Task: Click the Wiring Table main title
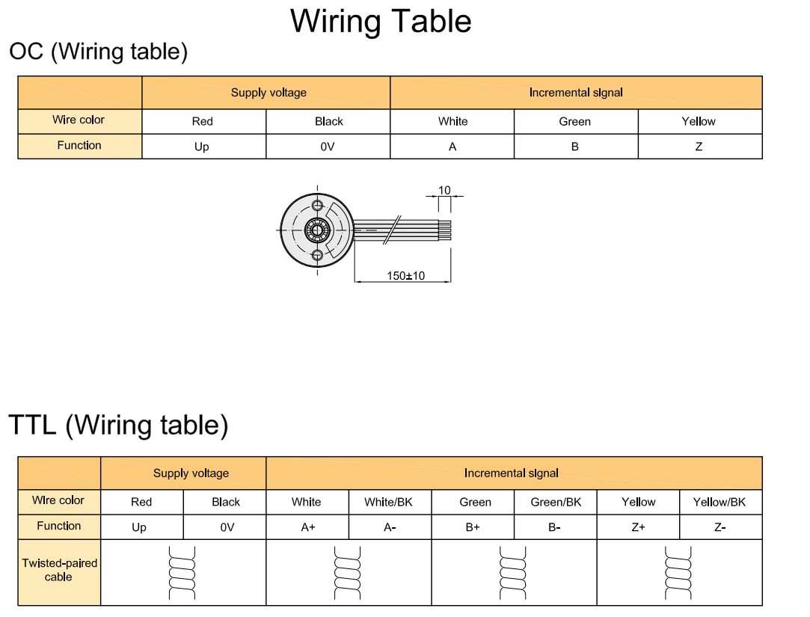(381, 21)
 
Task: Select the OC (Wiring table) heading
(99, 52)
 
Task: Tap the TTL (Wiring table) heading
(118, 425)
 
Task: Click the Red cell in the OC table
(203, 121)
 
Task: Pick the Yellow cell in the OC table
(699, 121)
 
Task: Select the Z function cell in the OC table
(699, 147)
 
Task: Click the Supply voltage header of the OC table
(269, 93)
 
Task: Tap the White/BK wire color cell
(388, 502)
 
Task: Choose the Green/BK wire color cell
(556, 502)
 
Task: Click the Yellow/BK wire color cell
(720, 502)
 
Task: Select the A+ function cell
(308, 527)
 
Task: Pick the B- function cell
(554, 527)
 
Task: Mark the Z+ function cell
(638, 527)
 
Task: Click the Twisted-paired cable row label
(59, 570)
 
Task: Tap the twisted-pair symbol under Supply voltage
(182, 572)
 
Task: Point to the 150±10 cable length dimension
(405, 276)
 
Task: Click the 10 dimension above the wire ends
(444, 190)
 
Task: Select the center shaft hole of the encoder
(317, 229)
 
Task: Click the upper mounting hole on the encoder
(317, 204)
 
